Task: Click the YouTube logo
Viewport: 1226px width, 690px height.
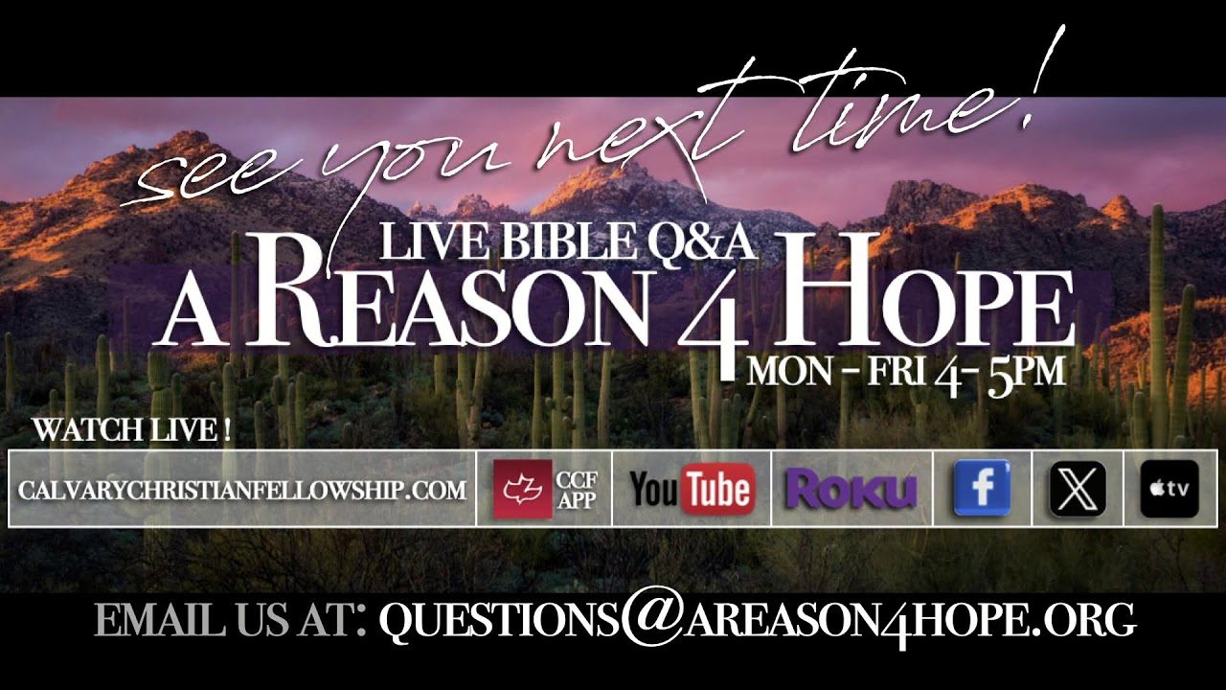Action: (692, 490)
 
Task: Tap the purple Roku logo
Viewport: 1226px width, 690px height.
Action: (851, 490)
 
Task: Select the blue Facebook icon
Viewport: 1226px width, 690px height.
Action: (982, 489)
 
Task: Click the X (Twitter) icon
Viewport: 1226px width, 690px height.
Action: (1078, 489)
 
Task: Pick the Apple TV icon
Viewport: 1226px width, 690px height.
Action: (1169, 489)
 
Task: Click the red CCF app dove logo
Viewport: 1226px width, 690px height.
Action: (522, 489)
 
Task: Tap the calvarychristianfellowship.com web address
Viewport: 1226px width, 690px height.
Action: (242, 490)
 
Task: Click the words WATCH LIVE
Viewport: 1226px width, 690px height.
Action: (131, 430)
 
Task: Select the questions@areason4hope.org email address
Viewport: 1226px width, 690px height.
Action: (757, 621)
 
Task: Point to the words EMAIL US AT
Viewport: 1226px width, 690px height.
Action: (230, 621)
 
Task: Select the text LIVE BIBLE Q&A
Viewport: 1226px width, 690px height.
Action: (568, 241)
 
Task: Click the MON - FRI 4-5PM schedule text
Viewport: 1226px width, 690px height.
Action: (906, 370)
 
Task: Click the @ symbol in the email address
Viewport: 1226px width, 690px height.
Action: (651, 621)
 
